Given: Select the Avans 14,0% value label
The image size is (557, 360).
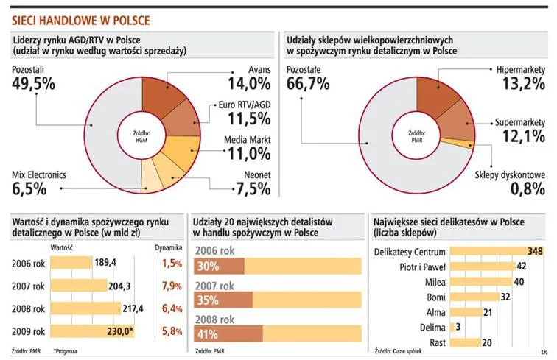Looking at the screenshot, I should pyautogui.click(x=250, y=82).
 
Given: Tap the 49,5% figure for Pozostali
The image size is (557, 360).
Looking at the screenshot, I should pyautogui.click(x=34, y=83).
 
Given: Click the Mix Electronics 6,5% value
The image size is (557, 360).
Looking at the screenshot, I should pyautogui.click(x=29, y=189).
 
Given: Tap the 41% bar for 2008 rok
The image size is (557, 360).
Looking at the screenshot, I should pyautogui.click(x=208, y=334).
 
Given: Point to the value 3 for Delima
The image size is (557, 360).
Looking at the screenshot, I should pyautogui.click(x=458, y=327).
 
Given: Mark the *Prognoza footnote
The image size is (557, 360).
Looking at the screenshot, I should pyautogui.click(x=66, y=351).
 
